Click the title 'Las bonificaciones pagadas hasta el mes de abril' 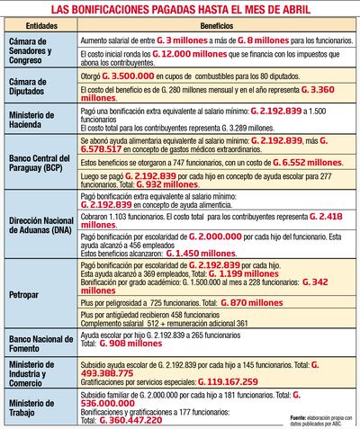point(179,8)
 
